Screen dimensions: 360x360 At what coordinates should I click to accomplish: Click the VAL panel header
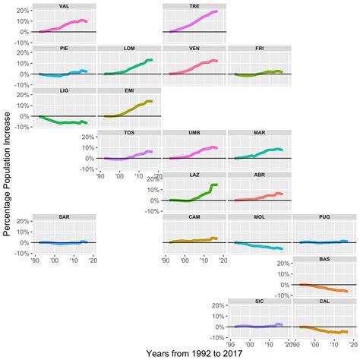(x=65, y=5)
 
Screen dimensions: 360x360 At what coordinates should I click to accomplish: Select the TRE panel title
(x=194, y=5)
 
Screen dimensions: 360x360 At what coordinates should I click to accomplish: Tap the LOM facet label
(x=129, y=48)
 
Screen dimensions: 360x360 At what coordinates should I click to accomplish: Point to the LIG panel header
(x=65, y=90)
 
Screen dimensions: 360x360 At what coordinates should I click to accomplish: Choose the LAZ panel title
(x=194, y=175)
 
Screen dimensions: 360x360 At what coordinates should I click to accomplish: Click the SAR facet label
(x=65, y=217)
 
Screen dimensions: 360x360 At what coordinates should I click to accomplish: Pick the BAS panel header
(x=323, y=260)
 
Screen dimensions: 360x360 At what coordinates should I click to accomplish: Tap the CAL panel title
(x=323, y=302)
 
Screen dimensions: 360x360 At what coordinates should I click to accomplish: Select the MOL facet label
(x=258, y=217)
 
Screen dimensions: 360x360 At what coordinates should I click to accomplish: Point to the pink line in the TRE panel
(x=194, y=24)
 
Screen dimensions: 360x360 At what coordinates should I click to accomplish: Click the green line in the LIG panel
(x=65, y=122)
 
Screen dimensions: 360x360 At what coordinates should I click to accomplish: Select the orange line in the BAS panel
(x=323, y=288)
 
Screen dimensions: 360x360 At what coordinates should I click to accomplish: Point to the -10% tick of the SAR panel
(x=24, y=254)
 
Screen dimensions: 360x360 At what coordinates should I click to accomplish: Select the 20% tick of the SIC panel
(x=217, y=307)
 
